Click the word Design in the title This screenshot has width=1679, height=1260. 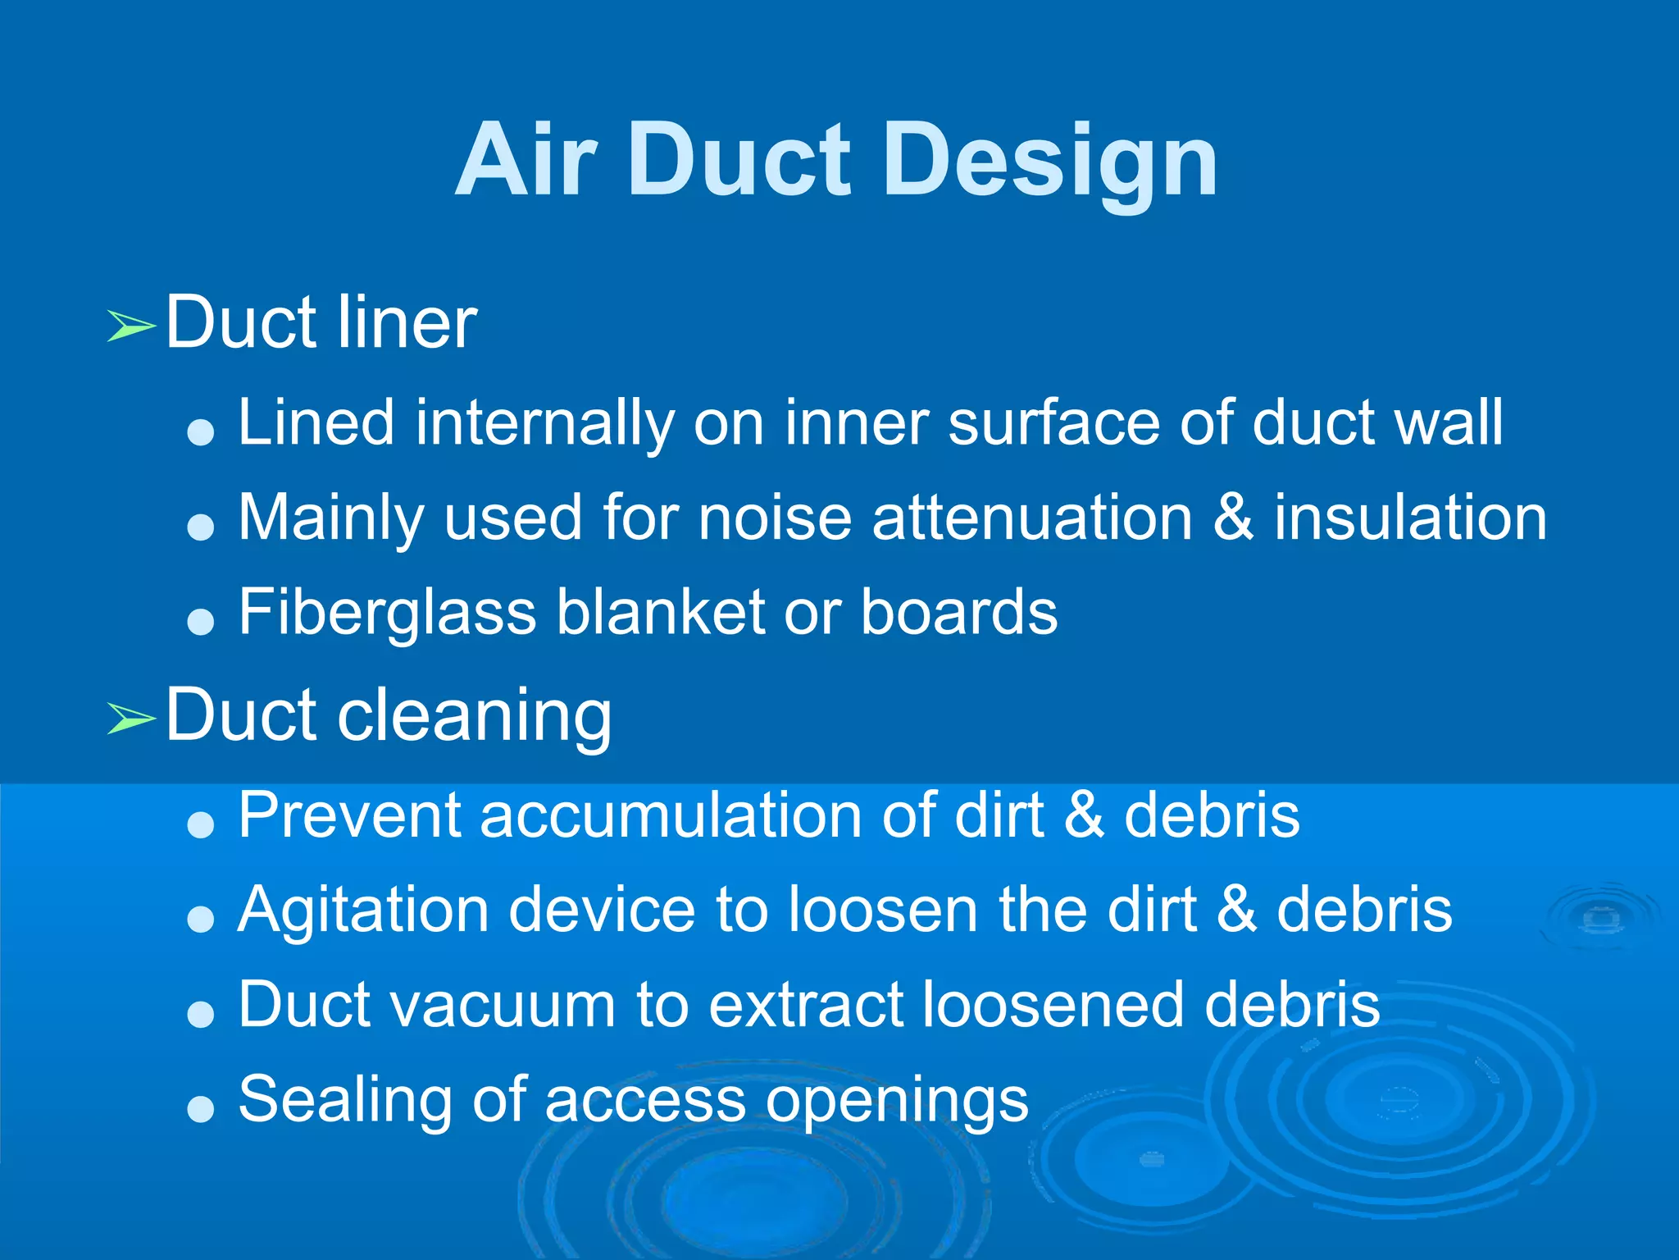coord(1051,161)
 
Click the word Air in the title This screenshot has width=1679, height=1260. coord(525,161)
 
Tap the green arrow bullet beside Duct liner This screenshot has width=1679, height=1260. coord(131,326)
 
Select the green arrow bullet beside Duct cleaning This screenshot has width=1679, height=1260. coord(131,719)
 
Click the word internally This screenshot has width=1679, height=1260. coord(544,422)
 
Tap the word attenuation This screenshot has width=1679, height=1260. coord(1032,518)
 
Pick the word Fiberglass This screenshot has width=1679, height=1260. coord(387,613)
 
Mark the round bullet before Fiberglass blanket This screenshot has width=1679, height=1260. coord(200,622)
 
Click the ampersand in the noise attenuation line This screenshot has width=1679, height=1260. coord(1232,518)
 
